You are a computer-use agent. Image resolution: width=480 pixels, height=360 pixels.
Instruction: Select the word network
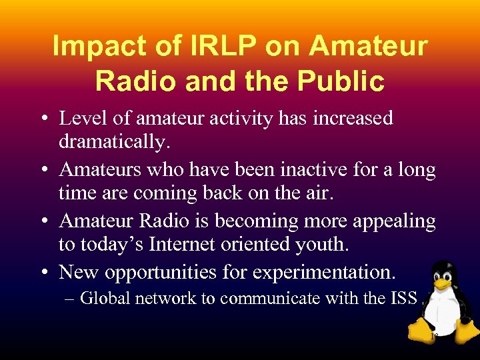pos(169,298)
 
